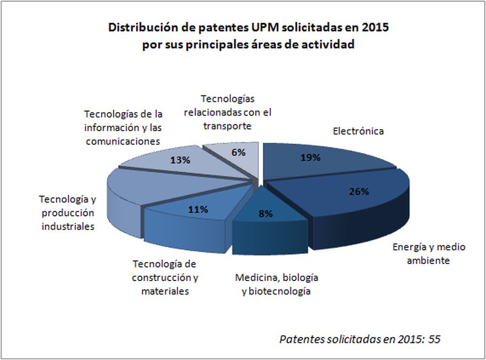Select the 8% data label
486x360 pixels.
click(x=265, y=213)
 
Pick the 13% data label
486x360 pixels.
click(x=181, y=160)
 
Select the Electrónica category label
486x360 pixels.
click(x=358, y=131)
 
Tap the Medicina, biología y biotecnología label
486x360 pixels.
click(x=276, y=284)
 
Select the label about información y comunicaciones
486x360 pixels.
click(x=124, y=127)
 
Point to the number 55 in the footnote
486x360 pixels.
click(x=434, y=338)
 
